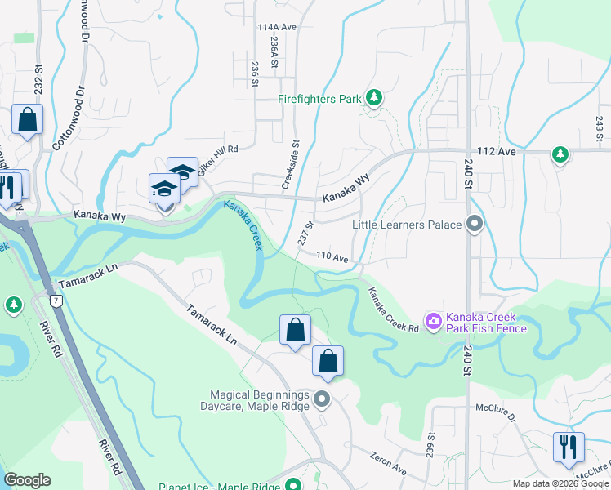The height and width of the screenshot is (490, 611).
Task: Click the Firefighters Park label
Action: (x=319, y=100)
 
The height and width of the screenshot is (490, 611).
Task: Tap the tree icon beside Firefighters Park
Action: (x=374, y=99)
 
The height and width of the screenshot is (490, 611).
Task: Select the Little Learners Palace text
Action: (x=406, y=225)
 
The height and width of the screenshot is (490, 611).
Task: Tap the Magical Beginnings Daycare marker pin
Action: (x=322, y=399)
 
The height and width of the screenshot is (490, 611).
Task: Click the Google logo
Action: (x=27, y=480)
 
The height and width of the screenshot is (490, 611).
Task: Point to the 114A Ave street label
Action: (x=276, y=27)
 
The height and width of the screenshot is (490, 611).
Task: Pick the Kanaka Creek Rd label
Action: (x=392, y=310)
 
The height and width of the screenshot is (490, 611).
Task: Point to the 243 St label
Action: (x=599, y=127)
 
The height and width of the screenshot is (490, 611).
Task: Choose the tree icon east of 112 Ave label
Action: (x=560, y=154)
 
